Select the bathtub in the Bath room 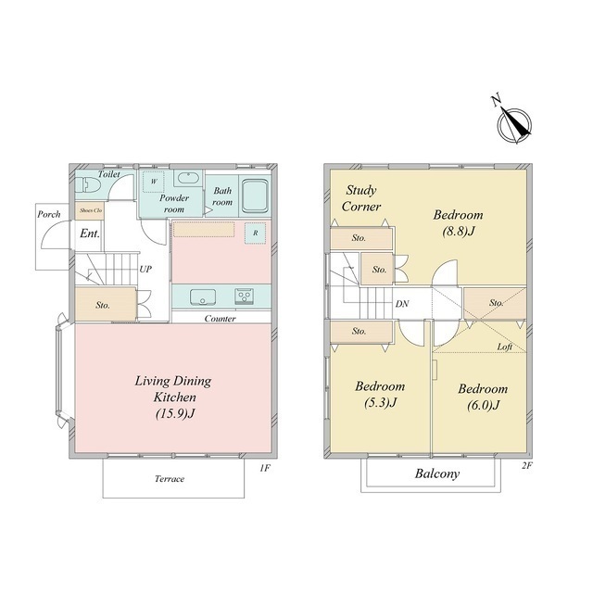click(256, 196)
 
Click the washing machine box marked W click(154, 182)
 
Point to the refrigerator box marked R click(256, 233)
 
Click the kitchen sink click(203, 296)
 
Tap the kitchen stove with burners click(244, 296)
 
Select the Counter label click(221, 319)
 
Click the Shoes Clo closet click(90, 210)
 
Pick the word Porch click(49, 214)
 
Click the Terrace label click(170, 479)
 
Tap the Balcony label click(437, 473)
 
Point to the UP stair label click(145, 269)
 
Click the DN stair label click(402, 303)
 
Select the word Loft click(504, 347)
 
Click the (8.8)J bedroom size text click(459, 231)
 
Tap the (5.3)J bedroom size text click(380, 402)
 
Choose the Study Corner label click(361, 197)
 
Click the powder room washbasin click(188, 178)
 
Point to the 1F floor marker click(265, 468)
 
